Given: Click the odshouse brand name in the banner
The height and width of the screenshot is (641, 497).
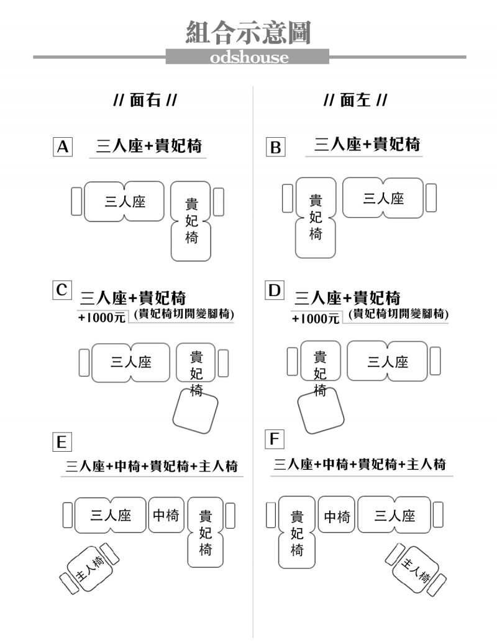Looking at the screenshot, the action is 249,57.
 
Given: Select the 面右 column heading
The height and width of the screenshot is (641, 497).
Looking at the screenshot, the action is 145,100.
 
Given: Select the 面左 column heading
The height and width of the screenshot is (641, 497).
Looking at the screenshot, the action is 355,100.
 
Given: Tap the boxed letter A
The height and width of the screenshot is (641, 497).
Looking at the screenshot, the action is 63,147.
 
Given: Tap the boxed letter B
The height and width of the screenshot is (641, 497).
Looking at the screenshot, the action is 275,147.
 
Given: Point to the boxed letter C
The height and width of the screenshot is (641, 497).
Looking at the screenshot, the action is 62,290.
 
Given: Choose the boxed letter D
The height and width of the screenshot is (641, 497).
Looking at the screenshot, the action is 275,290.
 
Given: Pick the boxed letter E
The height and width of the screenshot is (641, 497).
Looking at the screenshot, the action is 62,442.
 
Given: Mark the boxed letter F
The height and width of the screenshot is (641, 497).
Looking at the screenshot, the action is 275,439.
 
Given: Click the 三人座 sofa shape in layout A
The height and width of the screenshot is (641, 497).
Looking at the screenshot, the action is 124,202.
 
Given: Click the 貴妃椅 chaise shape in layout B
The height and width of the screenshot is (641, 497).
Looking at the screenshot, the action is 315,217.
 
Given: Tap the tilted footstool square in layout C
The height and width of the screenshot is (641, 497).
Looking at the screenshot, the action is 195,411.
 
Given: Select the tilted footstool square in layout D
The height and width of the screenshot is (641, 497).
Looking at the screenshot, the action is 321,410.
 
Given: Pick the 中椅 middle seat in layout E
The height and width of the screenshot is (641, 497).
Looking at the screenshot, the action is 166,514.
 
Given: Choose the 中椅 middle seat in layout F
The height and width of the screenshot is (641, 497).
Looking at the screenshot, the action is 337,514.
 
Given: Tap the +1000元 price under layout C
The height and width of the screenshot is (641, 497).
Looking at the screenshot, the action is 102,317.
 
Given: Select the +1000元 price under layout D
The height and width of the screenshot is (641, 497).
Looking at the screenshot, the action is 316,318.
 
